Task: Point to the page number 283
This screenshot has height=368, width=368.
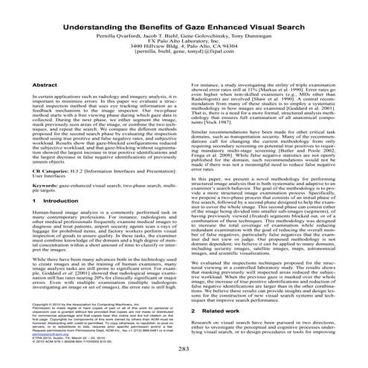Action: [184, 349]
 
